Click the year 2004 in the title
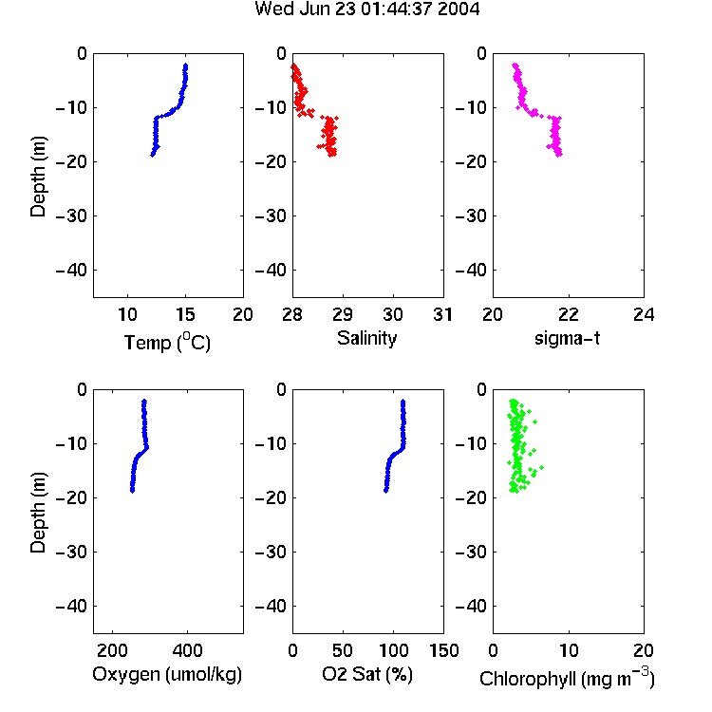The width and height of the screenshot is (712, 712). coord(459,9)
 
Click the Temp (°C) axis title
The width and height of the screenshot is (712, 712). coord(167,343)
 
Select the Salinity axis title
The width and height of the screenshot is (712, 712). coord(366,338)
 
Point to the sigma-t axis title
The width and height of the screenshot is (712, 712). coord(567,338)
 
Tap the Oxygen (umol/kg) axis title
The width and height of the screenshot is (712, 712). coord(167,674)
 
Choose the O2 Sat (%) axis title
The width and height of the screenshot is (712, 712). coord(366,674)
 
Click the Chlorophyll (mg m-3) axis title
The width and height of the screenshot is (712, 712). coord(567,678)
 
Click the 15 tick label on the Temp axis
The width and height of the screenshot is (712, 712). coord(185,314)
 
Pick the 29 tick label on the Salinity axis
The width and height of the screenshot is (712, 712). coord(343,314)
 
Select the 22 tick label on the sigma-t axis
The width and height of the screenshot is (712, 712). coord(569,314)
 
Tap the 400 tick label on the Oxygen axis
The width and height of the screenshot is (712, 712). coord(187,650)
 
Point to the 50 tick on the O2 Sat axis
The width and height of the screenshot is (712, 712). coord(343,650)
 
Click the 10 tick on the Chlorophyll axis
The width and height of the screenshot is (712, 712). coord(569,650)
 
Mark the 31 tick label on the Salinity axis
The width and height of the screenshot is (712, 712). coord(443,314)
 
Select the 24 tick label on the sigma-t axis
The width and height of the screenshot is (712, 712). coord(644,314)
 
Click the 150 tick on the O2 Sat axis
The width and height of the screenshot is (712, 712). coord(444,650)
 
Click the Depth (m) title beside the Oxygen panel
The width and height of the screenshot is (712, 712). coord(38,513)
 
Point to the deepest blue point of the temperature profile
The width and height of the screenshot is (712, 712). coord(153,155)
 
